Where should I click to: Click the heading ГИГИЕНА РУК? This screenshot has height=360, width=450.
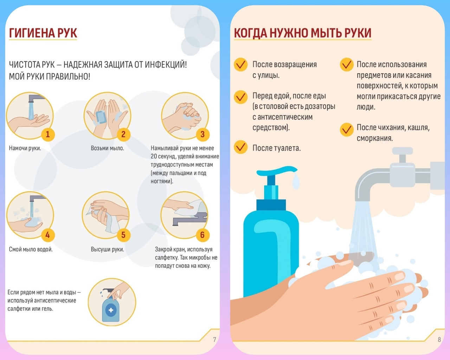pyautogui.click(x=43, y=33)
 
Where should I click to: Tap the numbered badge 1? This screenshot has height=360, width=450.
pyautogui.click(x=48, y=134)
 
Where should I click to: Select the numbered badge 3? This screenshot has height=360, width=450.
pyautogui.click(x=202, y=134)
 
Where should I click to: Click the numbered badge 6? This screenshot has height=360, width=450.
pyautogui.click(x=202, y=235)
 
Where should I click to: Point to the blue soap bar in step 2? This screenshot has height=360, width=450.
pyautogui.click(x=101, y=117)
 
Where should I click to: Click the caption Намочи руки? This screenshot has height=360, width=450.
pyautogui.click(x=25, y=148)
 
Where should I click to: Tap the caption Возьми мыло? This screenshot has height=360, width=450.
pyautogui.click(x=107, y=148)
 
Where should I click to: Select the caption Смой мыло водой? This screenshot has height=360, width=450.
pyautogui.click(x=31, y=249)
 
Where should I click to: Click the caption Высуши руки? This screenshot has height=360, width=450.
pyautogui.click(x=107, y=249)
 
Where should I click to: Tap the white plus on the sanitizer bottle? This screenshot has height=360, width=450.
pyautogui.click(x=111, y=310)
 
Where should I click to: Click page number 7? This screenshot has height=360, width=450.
pyautogui.click(x=214, y=340)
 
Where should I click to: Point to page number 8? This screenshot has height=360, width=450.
pyautogui.click(x=439, y=340)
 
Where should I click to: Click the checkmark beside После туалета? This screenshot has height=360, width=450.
pyautogui.click(x=241, y=147)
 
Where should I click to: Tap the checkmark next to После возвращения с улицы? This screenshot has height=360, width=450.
pyautogui.click(x=241, y=65)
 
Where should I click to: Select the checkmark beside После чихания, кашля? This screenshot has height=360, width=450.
pyautogui.click(x=347, y=130)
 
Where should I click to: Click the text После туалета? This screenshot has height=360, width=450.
pyautogui.click(x=276, y=148)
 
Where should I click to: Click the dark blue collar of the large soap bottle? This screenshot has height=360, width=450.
pyautogui.click(x=271, y=205)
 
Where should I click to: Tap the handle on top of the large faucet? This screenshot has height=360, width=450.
pyautogui.click(x=402, y=151)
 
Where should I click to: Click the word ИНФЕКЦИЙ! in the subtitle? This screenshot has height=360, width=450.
pyautogui.click(x=166, y=64)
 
